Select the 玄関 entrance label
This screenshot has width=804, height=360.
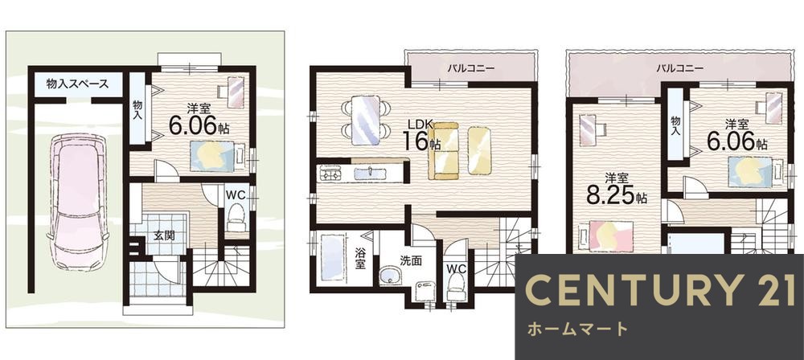[x=166, y=235]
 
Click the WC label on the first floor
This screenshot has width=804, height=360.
[x=236, y=194]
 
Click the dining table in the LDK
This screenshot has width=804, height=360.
[x=366, y=119]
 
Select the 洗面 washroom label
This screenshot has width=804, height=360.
[x=410, y=260]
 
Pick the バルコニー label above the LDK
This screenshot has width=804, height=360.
[x=471, y=68]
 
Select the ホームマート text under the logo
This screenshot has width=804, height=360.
[x=576, y=329]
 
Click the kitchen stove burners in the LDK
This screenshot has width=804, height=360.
[x=330, y=173]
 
